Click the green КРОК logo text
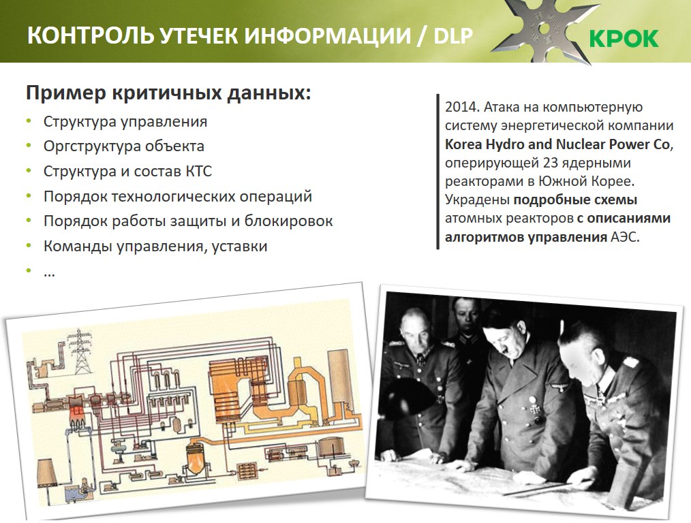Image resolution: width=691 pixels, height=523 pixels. coord(624,38)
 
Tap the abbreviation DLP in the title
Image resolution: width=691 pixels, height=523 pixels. coord(453,35)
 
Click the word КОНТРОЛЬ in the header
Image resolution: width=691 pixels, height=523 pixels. coord(91,35)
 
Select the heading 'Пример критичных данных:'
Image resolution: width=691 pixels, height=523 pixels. coord(168,93)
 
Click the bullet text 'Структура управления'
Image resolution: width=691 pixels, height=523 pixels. coord(125,121)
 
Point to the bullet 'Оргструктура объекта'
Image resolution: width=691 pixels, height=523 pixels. coord(124,146)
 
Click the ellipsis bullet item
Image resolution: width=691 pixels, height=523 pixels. coord(49,274)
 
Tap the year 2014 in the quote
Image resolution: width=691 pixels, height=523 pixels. coord(462,107)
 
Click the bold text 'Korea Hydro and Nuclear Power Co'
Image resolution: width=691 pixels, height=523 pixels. coord(557,144)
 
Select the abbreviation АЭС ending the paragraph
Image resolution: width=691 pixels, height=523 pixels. coord(624,237)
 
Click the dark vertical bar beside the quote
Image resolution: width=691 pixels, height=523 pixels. coord(437,172)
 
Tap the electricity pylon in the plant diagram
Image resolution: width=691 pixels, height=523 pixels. coord(80,351)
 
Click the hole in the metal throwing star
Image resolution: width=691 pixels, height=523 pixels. coord(544,29)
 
